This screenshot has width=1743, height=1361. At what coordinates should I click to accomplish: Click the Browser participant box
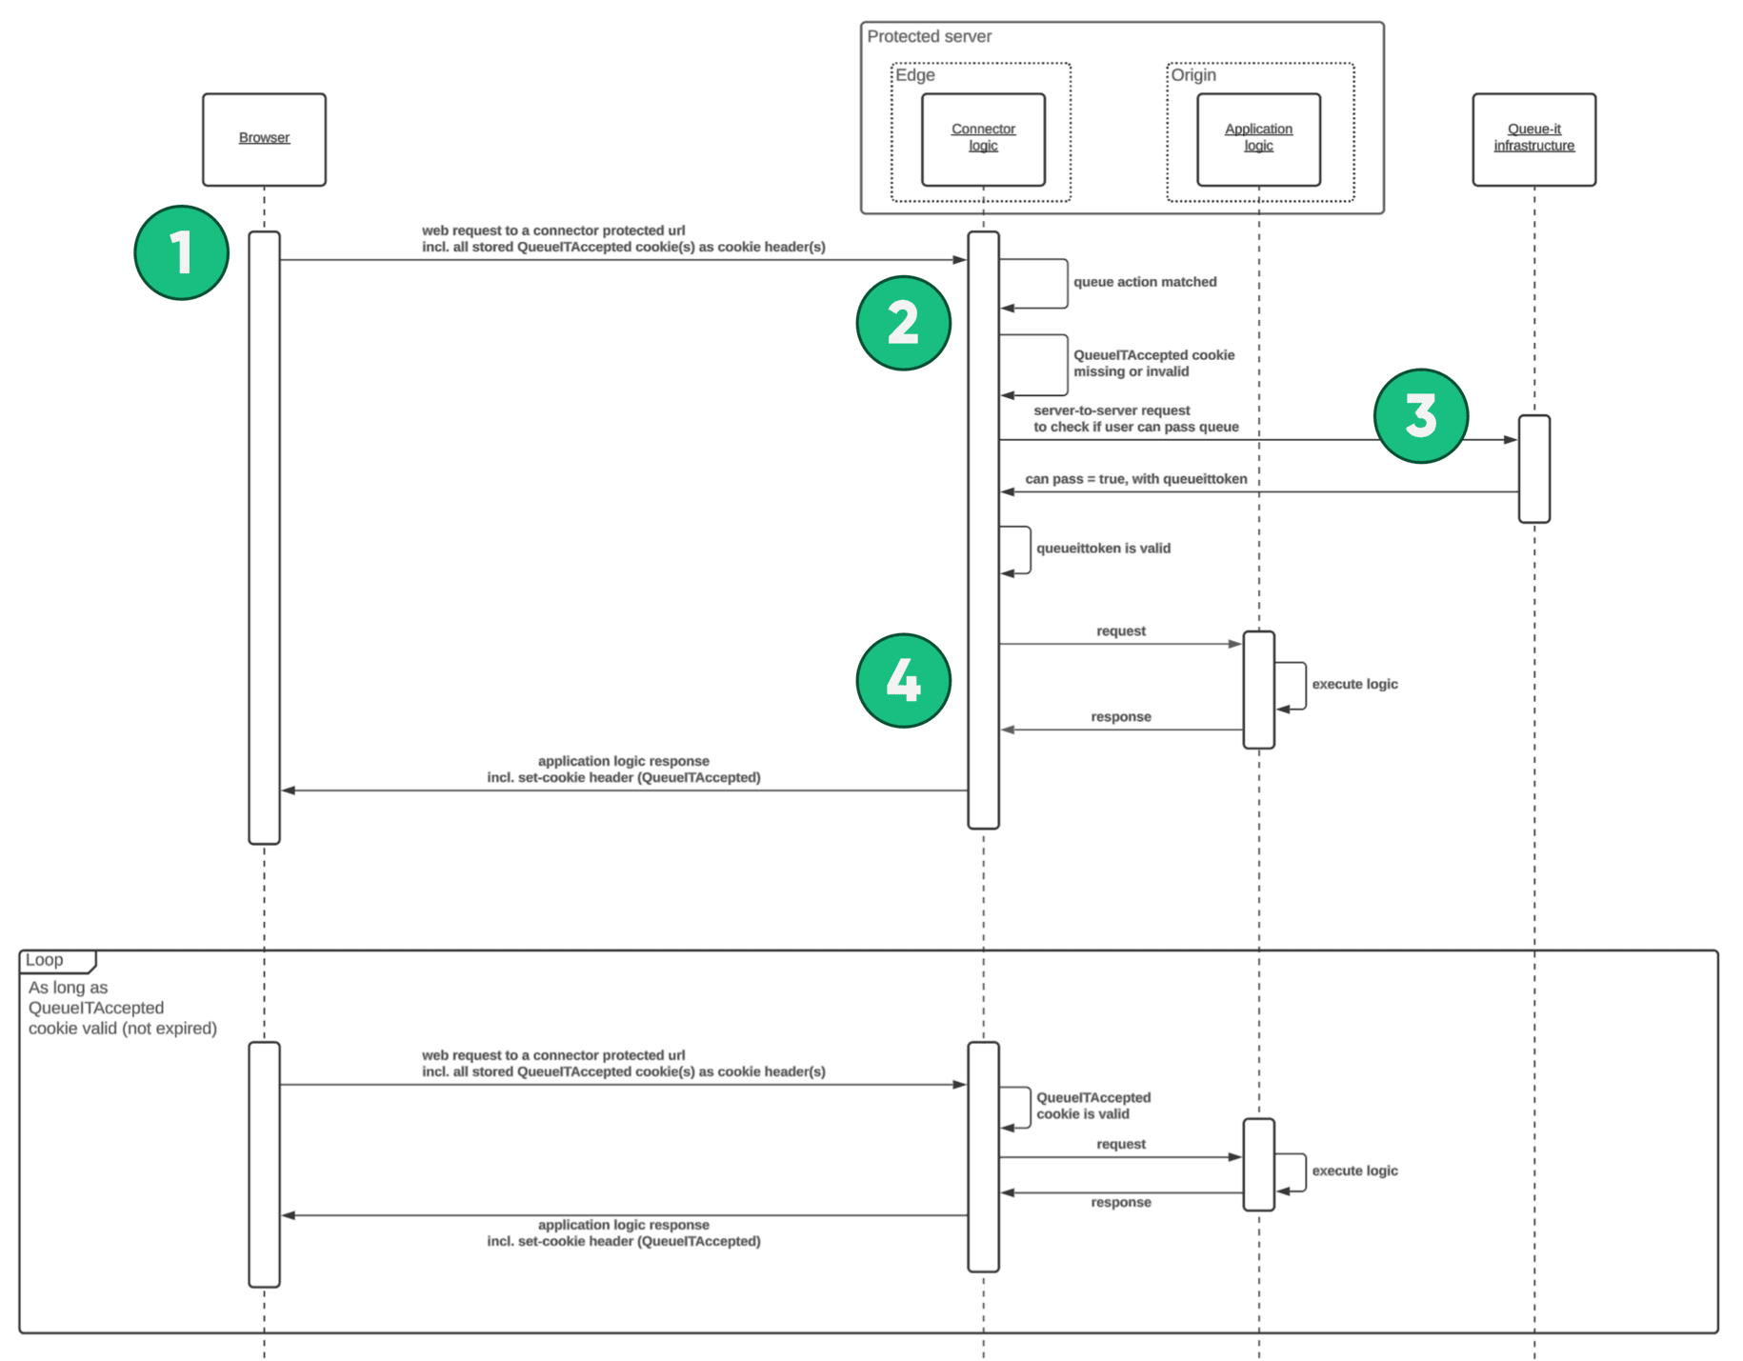pyautogui.click(x=264, y=139)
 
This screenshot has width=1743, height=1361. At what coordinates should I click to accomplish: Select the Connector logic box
pyautogui.click(x=982, y=139)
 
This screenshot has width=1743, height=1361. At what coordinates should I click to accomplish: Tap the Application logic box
pyautogui.click(x=1257, y=139)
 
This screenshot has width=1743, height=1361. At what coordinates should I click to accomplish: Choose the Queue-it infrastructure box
pyautogui.click(x=1533, y=139)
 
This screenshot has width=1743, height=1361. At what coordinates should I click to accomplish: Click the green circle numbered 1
pyautogui.click(x=181, y=252)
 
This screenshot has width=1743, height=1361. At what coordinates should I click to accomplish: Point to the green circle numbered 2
pyautogui.click(x=902, y=323)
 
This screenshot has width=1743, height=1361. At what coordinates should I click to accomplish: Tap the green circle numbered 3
pyautogui.click(x=1419, y=416)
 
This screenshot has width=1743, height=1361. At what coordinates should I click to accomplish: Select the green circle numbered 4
pyautogui.click(x=902, y=680)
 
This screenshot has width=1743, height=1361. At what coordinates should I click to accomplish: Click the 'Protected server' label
pyautogui.click(x=928, y=36)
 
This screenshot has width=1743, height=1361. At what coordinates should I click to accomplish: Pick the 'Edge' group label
pyautogui.click(x=914, y=75)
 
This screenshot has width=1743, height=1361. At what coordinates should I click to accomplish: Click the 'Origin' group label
pyautogui.click(x=1192, y=75)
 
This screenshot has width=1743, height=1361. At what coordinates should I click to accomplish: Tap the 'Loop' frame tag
pyautogui.click(x=45, y=960)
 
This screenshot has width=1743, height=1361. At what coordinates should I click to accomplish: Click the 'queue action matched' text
pyautogui.click(x=1144, y=282)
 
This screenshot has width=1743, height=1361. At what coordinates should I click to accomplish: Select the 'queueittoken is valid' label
pyautogui.click(x=1103, y=549)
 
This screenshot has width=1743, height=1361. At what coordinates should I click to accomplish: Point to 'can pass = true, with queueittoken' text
pyautogui.click(x=1135, y=479)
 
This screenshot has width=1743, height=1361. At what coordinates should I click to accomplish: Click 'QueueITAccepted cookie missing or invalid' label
pyautogui.click(x=1152, y=363)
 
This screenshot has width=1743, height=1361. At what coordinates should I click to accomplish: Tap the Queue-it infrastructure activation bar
pyautogui.click(x=1533, y=469)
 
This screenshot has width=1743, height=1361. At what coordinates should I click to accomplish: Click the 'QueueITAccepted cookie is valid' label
pyautogui.click(x=1092, y=1106)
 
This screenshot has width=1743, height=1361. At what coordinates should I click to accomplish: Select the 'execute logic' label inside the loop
pyautogui.click(x=1353, y=1171)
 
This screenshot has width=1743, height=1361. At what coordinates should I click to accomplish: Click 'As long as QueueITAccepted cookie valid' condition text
pyautogui.click(x=122, y=1008)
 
